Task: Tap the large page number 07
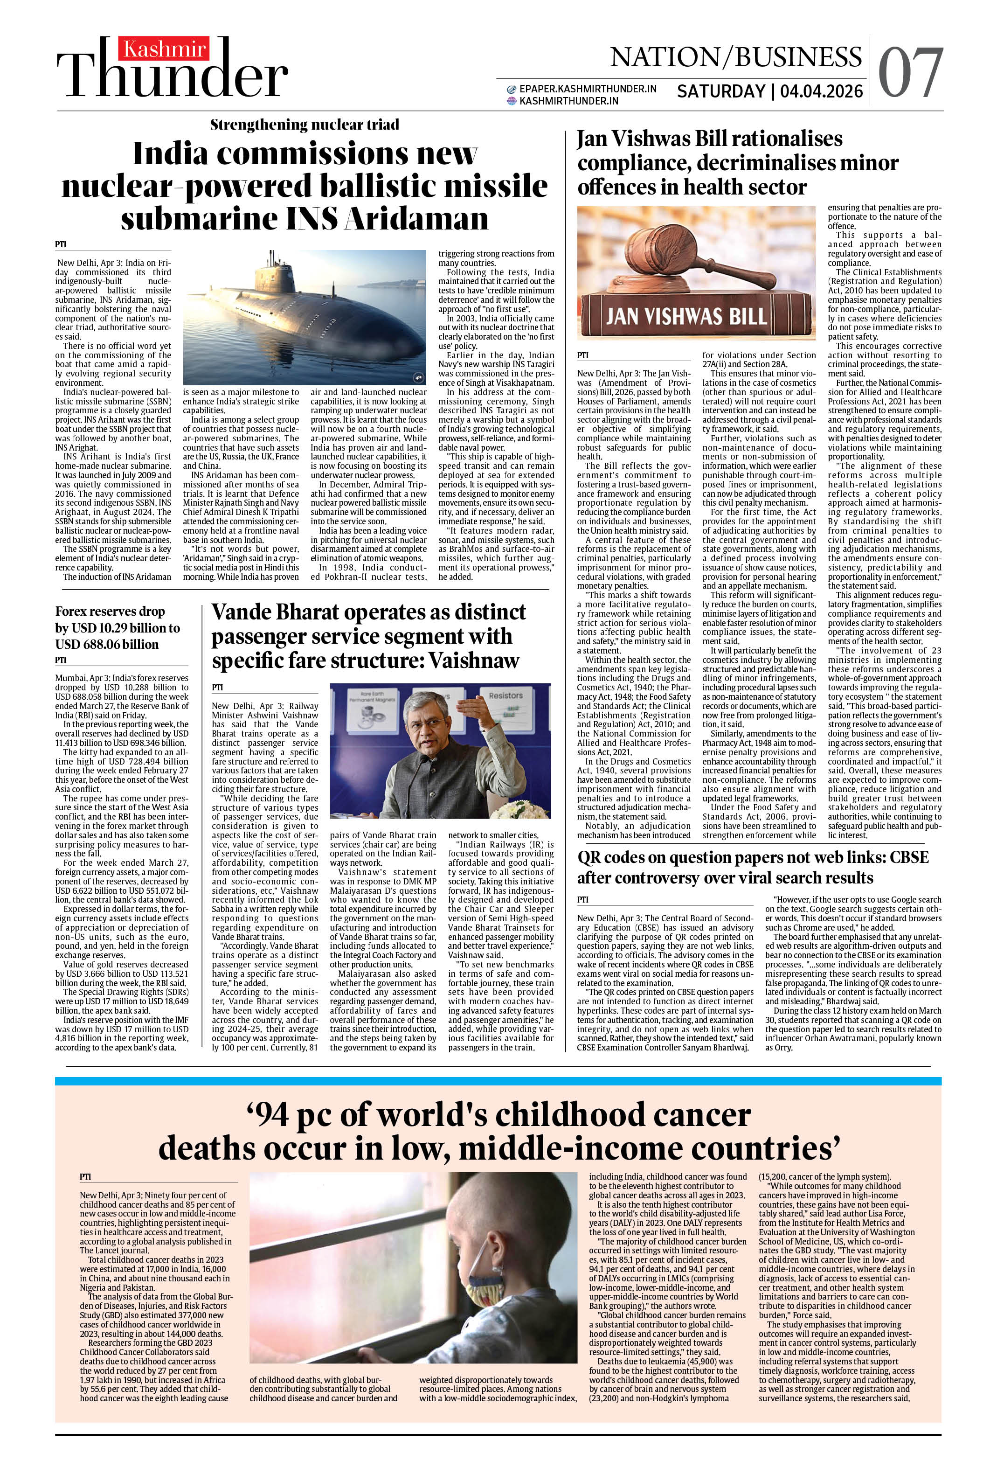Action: [910, 74]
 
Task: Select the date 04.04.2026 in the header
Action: [822, 92]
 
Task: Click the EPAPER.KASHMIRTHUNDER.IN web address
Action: [588, 89]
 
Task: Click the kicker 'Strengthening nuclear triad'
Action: [304, 125]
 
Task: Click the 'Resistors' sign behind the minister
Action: [505, 695]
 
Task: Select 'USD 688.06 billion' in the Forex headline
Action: [107, 644]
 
